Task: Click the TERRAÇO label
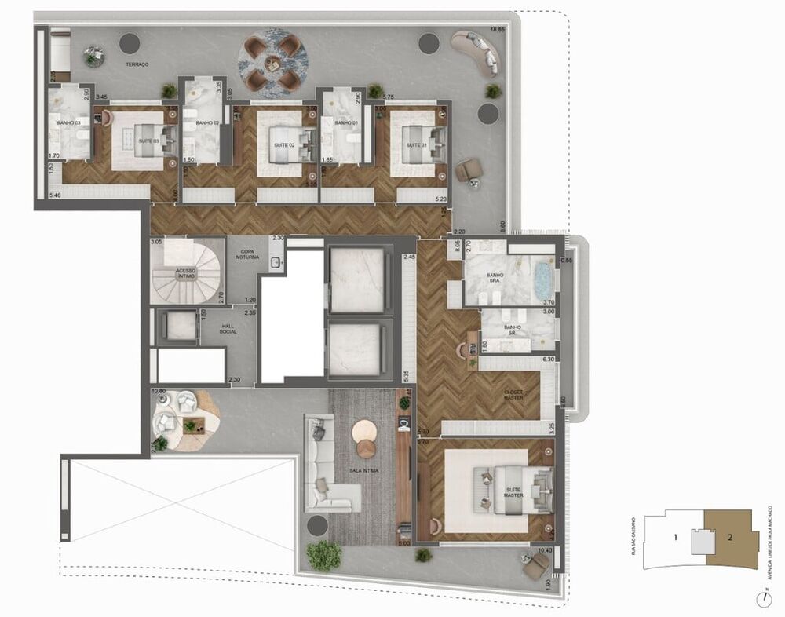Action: point(138,64)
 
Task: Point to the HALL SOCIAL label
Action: point(228,329)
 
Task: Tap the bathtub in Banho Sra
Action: point(544,282)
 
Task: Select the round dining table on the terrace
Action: point(272,60)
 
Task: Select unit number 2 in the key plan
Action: point(730,538)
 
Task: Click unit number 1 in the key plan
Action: point(675,539)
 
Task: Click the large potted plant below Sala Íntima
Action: point(323,555)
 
